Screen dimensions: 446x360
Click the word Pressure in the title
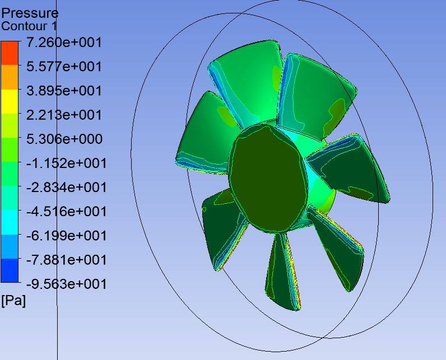coord(30,13)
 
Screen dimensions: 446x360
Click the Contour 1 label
coord(29,26)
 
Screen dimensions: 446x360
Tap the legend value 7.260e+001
coord(64,43)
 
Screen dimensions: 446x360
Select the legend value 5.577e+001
coord(64,67)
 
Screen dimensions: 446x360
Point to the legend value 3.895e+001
coord(64,91)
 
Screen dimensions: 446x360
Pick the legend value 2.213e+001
coord(64,115)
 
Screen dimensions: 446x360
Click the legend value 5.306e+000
coord(64,139)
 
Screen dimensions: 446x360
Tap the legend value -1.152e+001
coord(67,163)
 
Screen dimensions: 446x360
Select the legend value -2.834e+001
coord(67,188)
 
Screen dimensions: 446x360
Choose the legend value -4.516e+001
coord(67,212)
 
